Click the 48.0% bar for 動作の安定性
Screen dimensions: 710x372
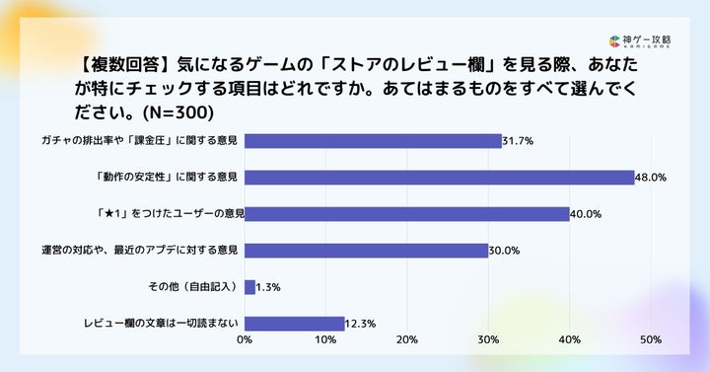439,178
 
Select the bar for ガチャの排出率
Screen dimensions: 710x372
373,141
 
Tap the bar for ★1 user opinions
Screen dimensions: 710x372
406,214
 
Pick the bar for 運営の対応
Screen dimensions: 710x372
366,251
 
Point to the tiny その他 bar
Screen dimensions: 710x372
249,287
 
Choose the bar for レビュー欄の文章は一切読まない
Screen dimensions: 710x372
294,324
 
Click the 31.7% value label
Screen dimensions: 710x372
518,141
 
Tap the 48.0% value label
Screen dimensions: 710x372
651,178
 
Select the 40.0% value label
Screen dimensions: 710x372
586,214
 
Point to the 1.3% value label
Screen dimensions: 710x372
268,287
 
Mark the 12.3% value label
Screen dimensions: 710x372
361,324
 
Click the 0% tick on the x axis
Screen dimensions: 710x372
245,339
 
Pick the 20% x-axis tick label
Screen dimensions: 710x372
406,339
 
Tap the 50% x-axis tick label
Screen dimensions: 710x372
651,339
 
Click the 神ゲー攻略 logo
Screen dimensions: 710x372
640,41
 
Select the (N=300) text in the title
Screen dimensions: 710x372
177,112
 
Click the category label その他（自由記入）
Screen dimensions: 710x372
193,286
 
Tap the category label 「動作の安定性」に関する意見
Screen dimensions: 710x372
167,177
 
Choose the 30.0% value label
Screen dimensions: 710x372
504,251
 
